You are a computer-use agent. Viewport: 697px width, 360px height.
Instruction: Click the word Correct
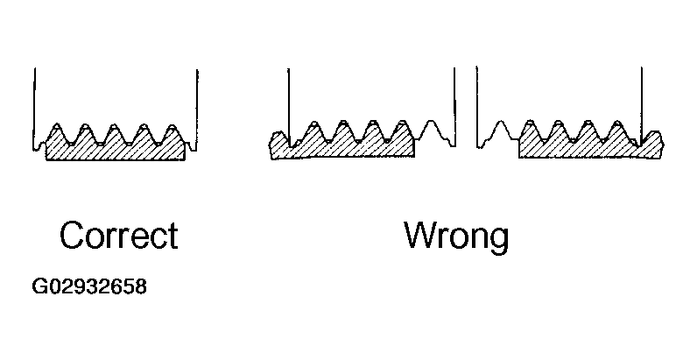118,236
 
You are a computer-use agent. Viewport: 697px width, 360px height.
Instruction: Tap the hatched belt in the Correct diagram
115,150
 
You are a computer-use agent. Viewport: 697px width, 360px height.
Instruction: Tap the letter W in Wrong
419,236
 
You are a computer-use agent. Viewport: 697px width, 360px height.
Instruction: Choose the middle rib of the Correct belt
115,132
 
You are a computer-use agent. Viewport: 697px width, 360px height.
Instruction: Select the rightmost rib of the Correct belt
172,132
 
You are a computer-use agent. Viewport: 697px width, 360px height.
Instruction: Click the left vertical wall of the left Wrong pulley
289,96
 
